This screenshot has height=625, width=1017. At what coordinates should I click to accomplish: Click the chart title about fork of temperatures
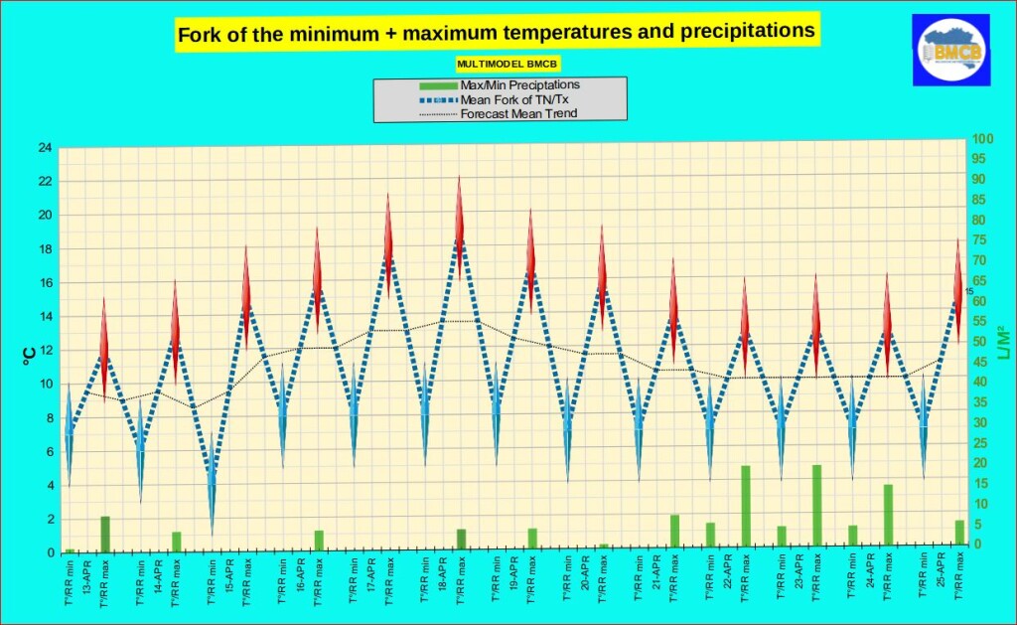(496, 33)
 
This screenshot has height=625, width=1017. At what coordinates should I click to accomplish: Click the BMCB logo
(950, 51)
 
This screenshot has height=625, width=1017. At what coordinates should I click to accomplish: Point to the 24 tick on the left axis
(45, 148)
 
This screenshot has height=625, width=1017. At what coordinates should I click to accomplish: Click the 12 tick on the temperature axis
(45, 351)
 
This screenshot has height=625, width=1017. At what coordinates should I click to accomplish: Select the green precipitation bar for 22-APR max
(745, 505)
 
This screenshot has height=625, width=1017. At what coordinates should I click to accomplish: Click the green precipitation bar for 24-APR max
(888, 514)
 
